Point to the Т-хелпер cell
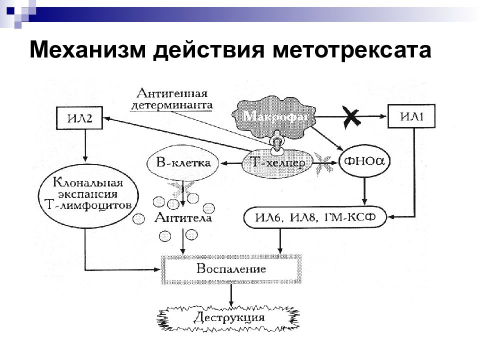pos(277,163)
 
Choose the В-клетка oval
pos(183,162)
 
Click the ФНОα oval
pos(364,161)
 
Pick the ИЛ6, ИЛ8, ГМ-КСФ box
pos(315,217)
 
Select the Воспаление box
pos(231,269)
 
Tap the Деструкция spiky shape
pos(228,318)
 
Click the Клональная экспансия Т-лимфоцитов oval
pos(88,195)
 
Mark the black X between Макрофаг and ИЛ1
pos(351,117)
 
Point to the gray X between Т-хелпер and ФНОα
pos(323,163)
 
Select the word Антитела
pos(183,217)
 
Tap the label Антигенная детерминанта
pos(172,99)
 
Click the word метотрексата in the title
pos(351,50)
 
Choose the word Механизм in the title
pos(87,49)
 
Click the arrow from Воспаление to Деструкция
pos(231,295)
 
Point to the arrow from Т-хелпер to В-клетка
pos(231,163)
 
